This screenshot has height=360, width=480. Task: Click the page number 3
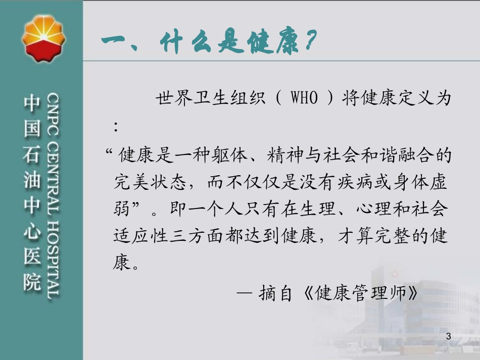coord(450,337)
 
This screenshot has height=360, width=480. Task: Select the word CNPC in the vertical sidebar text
coord(54,110)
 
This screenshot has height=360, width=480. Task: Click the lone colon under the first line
coord(117,126)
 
